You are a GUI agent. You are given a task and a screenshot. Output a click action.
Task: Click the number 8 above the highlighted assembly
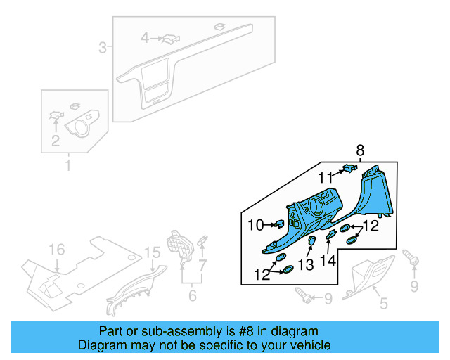[x=361, y=150]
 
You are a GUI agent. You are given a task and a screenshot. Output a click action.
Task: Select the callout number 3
[x=102, y=48]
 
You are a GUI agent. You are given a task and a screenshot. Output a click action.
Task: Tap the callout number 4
[x=144, y=37]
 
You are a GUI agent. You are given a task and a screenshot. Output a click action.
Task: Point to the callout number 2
[x=55, y=141]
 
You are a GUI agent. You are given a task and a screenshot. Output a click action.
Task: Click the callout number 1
[x=68, y=167]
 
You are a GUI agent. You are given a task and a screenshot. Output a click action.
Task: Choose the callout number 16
[x=56, y=250]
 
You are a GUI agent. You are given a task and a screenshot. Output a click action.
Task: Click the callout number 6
[x=192, y=295]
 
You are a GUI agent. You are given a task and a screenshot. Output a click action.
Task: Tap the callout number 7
[x=202, y=265]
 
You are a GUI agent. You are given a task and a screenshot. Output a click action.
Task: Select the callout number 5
[x=383, y=303]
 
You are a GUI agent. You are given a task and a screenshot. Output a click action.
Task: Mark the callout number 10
[x=255, y=225]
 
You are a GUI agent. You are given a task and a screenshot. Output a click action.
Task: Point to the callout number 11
[x=324, y=177]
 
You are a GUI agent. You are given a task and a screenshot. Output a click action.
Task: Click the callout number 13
[x=305, y=264]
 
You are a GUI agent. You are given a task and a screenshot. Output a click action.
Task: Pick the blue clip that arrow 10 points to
[x=278, y=224]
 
